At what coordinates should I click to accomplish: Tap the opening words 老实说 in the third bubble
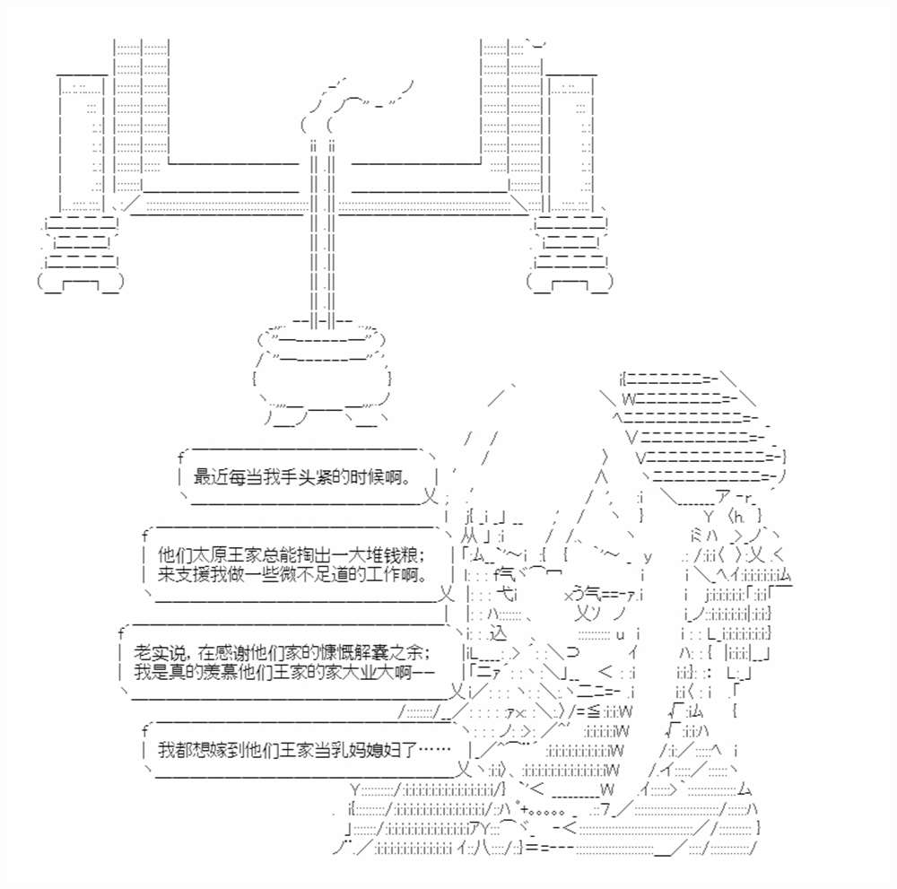[x=158, y=650]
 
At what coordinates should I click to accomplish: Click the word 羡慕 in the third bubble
[x=209, y=670]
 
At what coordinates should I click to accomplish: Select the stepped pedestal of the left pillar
[x=80, y=251]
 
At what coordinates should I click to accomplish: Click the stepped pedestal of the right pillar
[x=570, y=251]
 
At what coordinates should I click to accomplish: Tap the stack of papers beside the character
[x=700, y=431]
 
